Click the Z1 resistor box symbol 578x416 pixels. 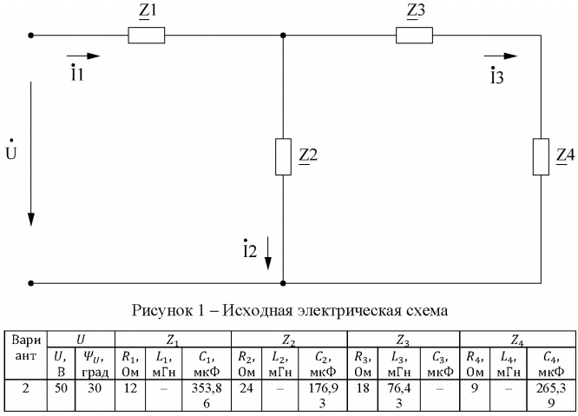(x=145, y=36)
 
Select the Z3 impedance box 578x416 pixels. (x=415, y=36)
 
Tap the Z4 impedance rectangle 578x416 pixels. (x=540, y=156)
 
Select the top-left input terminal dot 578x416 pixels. (x=31, y=36)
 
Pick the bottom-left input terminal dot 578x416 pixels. (x=31, y=283)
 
